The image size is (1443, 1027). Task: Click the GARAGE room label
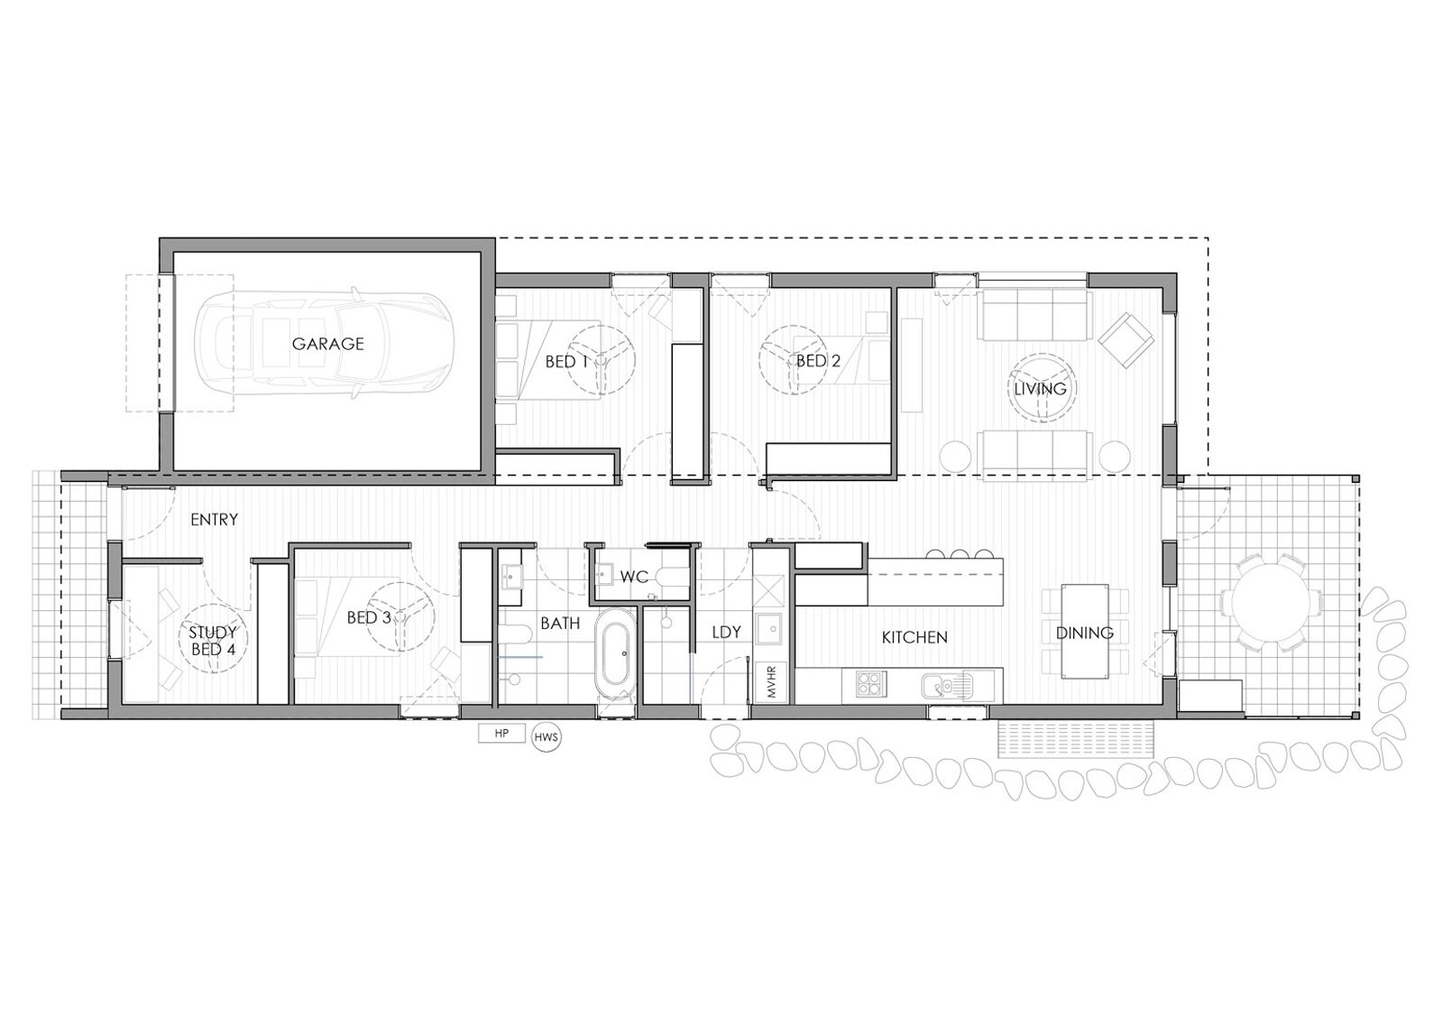328,344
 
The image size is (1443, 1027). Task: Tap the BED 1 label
567,362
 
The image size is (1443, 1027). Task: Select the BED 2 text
818,361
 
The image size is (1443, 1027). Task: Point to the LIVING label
1040,389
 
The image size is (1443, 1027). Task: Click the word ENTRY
214,519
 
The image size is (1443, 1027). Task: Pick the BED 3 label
369,617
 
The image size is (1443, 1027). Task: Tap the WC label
634,577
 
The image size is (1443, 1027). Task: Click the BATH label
560,624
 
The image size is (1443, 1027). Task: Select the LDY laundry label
726,633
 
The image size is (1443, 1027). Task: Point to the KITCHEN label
915,638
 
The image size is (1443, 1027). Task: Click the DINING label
1085,634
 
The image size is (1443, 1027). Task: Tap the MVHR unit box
772,682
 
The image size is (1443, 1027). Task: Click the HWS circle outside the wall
547,737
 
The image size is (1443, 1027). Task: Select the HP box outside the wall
501,734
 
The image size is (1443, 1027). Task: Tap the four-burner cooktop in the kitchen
871,684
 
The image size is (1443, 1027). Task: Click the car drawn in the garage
325,343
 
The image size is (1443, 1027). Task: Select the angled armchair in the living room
1126,340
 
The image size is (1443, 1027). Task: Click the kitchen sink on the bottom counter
946,686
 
